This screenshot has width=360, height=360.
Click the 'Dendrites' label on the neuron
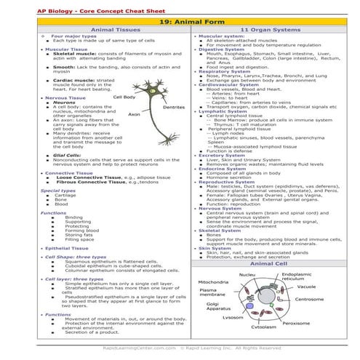[x=172, y=107]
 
